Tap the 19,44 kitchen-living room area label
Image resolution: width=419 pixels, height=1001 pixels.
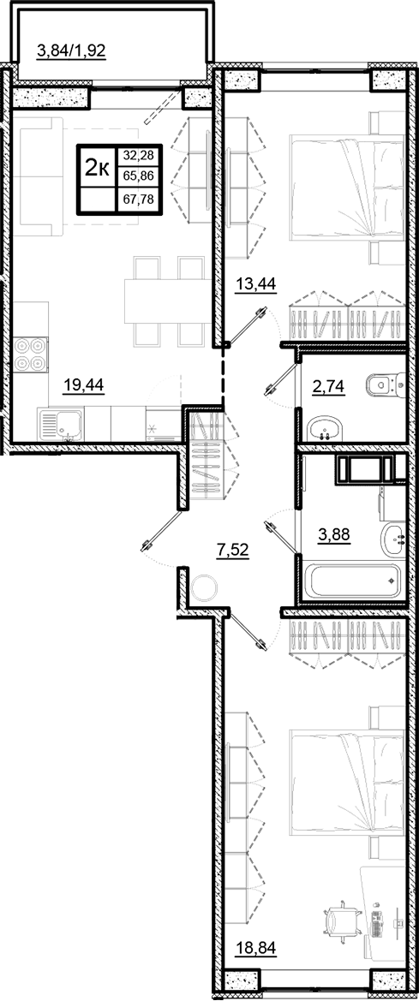click(83, 385)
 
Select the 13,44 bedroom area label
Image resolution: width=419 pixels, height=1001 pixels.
click(255, 286)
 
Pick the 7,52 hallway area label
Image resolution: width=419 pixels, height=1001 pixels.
click(233, 551)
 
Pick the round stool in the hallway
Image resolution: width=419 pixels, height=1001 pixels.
click(206, 587)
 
